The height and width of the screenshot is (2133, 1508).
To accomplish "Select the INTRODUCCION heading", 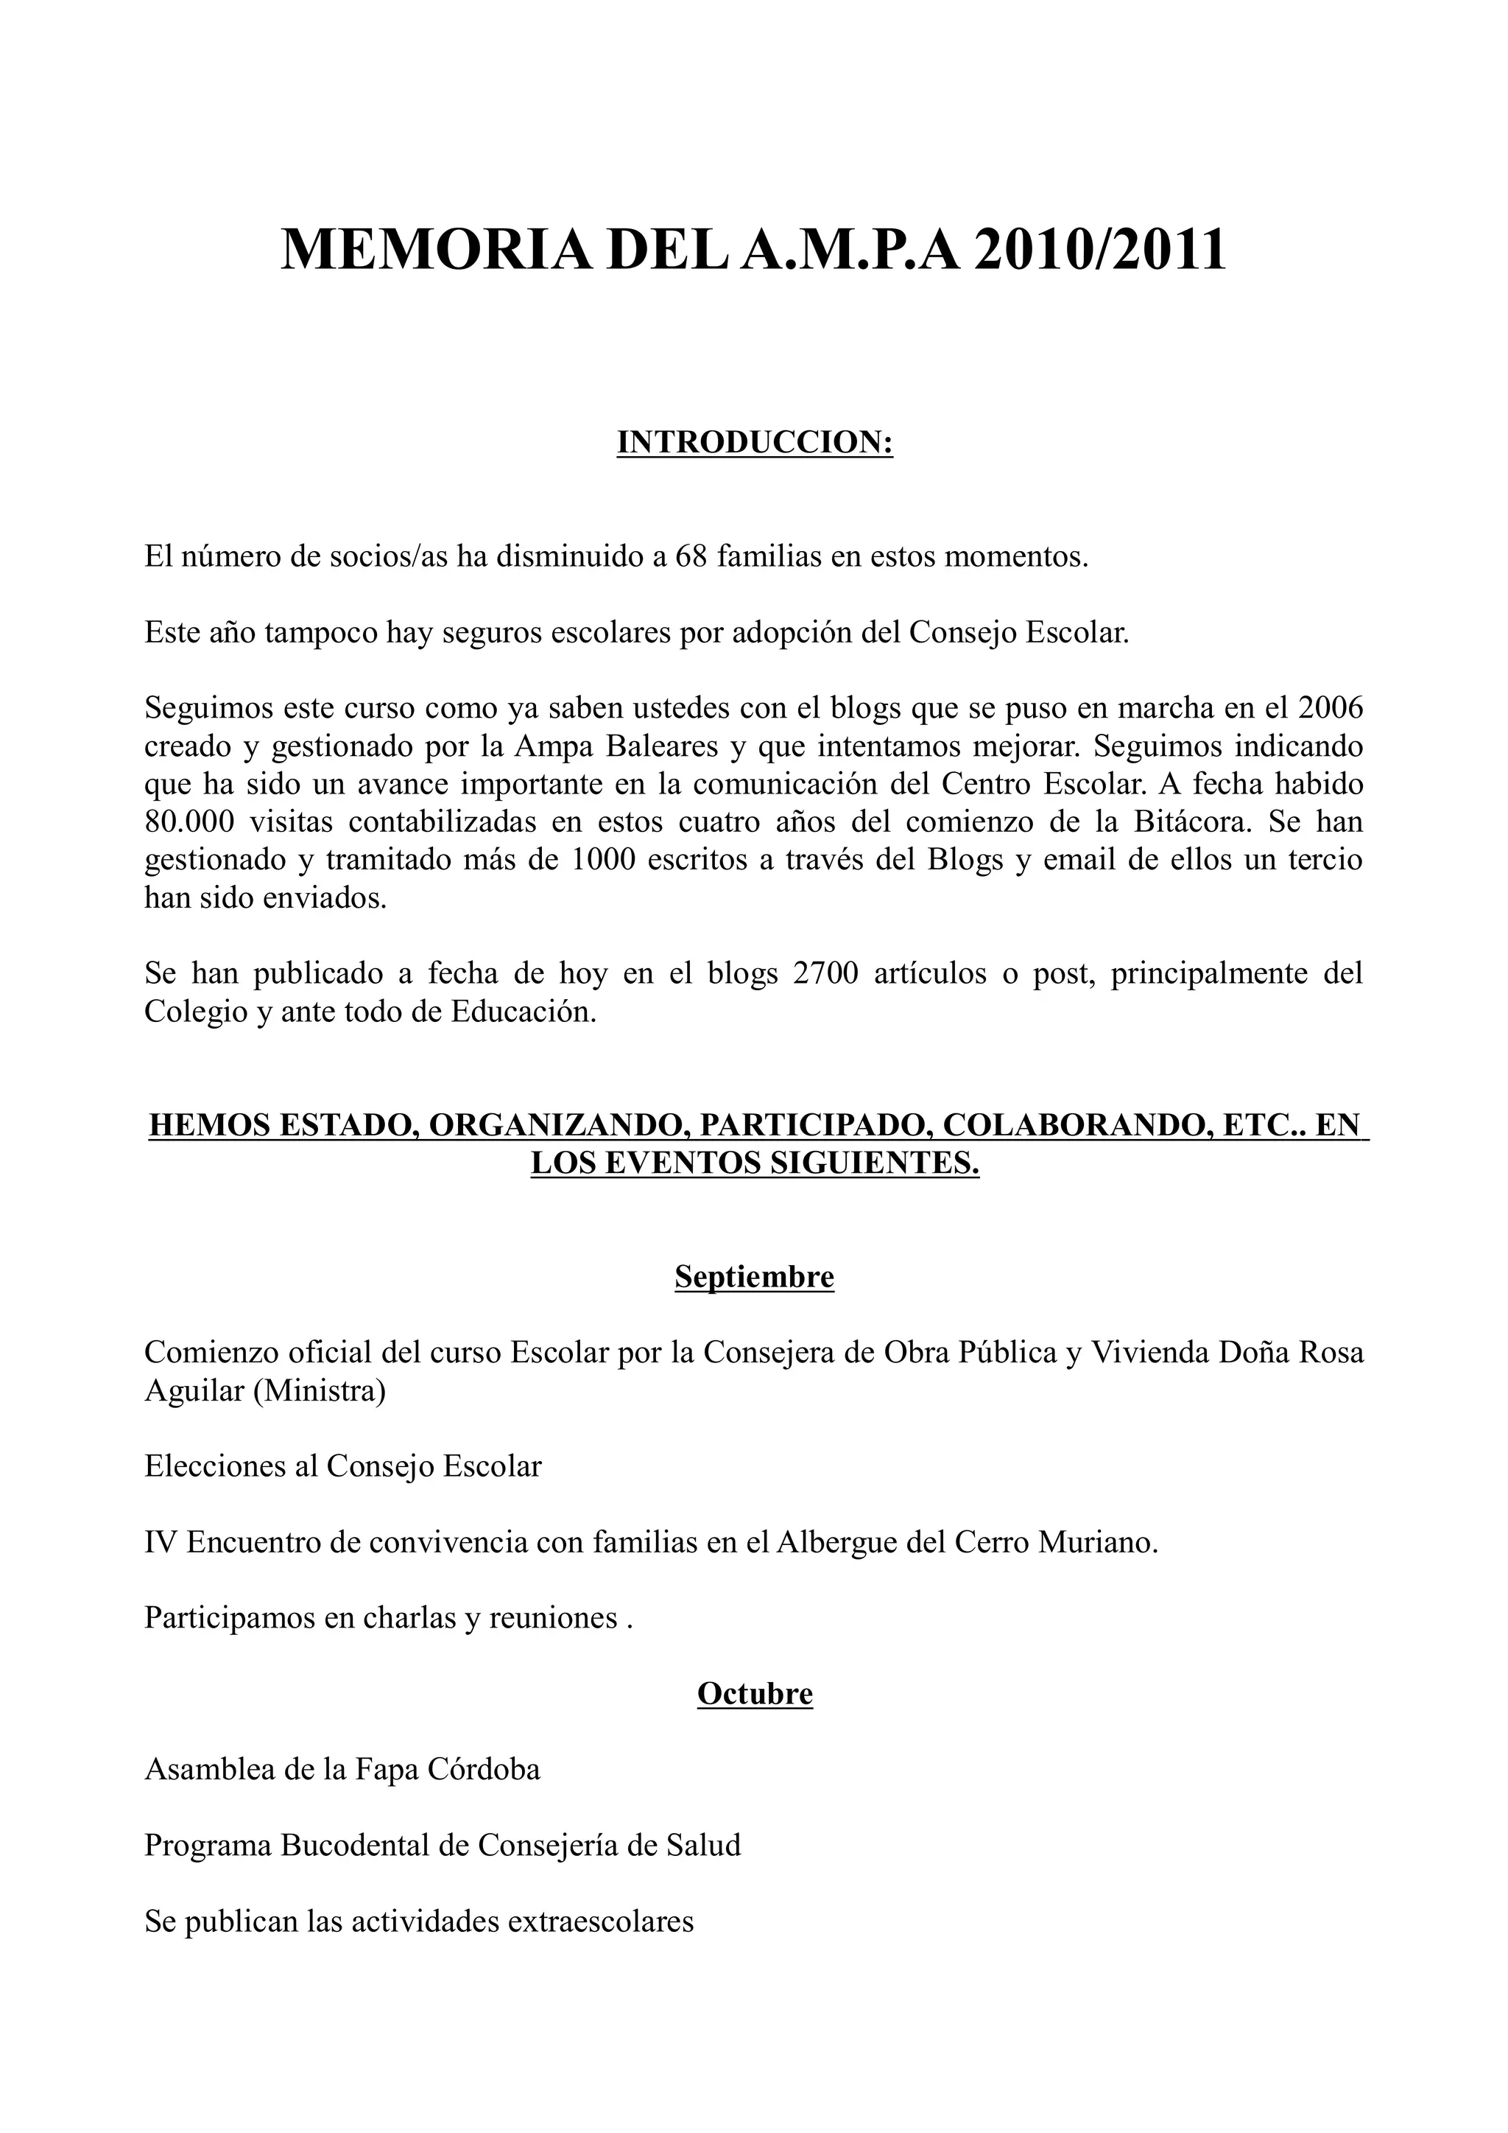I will [754, 443].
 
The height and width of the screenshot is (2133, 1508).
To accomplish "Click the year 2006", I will [1331, 708].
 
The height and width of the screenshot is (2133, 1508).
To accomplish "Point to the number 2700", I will [826, 973].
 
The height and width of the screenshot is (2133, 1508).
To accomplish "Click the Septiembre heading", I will [754, 1276].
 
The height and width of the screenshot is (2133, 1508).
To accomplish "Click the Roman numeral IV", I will [161, 1542].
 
